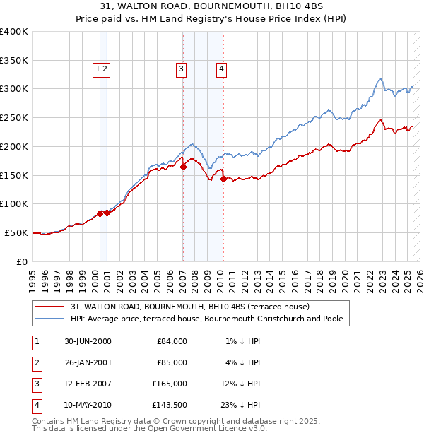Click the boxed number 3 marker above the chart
point(182,69)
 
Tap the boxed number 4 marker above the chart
point(221,69)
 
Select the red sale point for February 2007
point(183,167)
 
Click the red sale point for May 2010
point(223,179)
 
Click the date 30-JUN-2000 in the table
point(88,341)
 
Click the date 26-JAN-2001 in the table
point(88,362)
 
